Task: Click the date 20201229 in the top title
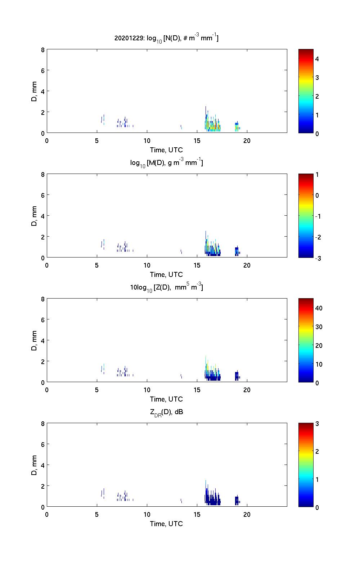(x=129, y=38)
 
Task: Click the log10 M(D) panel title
(x=166, y=163)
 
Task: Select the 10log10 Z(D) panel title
(x=166, y=287)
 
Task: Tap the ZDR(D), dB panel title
(x=166, y=412)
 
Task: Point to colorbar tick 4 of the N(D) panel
(x=317, y=59)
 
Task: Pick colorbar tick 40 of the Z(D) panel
(x=319, y=308)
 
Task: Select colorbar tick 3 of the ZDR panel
(x=317, y=424)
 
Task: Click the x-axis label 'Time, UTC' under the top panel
(x=166, y=150)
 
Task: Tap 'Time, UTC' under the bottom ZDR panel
(x=166, y=524)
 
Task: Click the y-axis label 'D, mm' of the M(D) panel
(x=35, y=216)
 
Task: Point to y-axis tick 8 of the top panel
(x=43, y=50)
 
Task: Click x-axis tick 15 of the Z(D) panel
(x=197, y=390)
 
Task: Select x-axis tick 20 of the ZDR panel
(x=247, y=514)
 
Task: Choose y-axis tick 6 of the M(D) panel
(x=43, y=195)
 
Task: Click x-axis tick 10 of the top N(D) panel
(x=147, y=140)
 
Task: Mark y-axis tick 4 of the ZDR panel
(x=43, y=465)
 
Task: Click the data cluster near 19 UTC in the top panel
(x=237, y=127)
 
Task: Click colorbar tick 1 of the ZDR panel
(x=317, y=479)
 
